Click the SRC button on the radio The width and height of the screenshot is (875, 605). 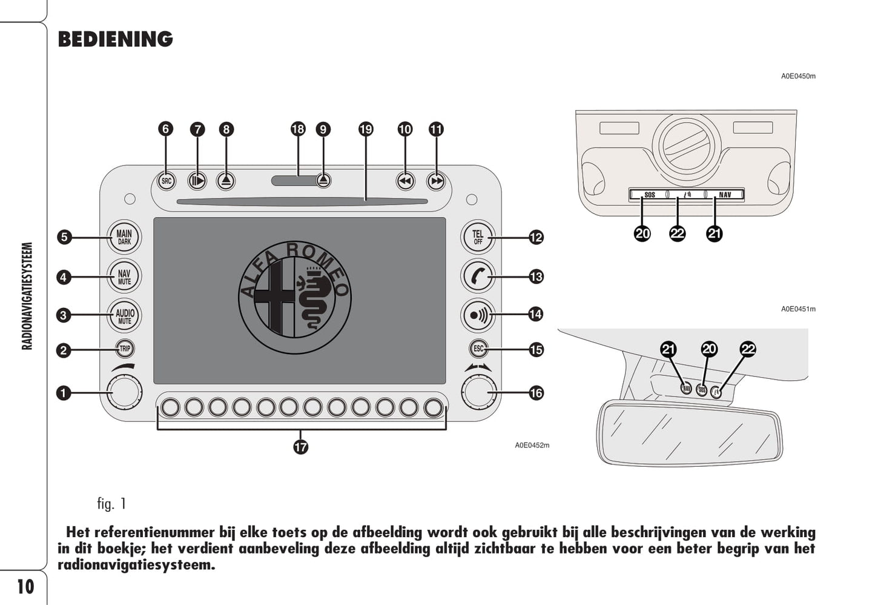[x=166, y=181]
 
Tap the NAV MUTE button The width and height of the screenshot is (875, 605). [x=124, y=277]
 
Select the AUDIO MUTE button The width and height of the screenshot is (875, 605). [x=125, y=315]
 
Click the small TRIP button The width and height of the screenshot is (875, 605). [x=125, y=349]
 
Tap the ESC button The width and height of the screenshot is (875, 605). [x=478, y=349]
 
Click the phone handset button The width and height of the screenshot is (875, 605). [x=478, y=277]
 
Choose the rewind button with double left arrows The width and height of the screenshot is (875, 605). [x=405, y=181]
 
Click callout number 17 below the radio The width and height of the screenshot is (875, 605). [x=301, y=447]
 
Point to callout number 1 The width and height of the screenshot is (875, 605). [x=63, y=393]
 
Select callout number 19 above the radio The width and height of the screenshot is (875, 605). [x=366, y=129]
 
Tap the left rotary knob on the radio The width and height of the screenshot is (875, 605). [x=124, y=391]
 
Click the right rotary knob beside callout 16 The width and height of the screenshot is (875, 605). [x=479, y=391]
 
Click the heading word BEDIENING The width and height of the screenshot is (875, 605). [x=115, y=39]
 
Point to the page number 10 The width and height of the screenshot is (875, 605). [x=25, y=587]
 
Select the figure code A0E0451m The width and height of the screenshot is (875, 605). [x=797, y=309]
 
